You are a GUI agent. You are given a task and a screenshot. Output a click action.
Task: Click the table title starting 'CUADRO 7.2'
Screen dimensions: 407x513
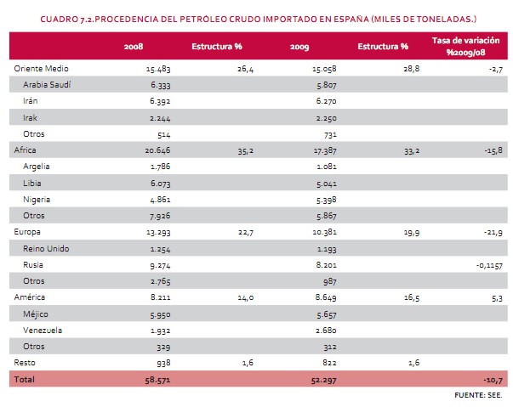pos(256,17)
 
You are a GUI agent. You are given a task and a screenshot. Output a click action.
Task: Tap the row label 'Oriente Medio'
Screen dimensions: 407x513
pos(42,67)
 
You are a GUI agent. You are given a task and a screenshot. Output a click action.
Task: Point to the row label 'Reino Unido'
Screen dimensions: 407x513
pos(48,248)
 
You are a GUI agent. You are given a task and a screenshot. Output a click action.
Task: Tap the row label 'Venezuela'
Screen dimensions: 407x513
pos(46,330)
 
